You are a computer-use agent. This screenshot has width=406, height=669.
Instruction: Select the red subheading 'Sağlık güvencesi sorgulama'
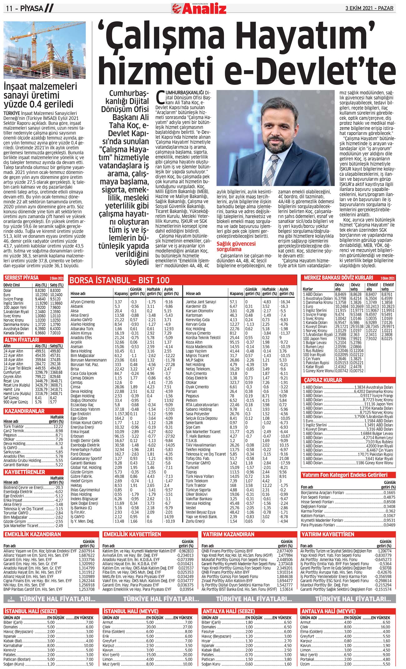236,247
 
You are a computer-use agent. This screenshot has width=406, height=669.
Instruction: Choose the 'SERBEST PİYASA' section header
21,277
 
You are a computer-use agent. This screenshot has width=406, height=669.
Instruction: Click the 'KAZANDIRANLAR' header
24,411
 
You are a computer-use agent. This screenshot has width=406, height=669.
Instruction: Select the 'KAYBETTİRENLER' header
25,472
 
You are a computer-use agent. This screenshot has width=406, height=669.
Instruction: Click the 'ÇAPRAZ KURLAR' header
323,380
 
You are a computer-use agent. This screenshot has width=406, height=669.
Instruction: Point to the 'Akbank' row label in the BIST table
77,307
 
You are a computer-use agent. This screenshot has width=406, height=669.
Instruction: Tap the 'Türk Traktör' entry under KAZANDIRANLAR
14,427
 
